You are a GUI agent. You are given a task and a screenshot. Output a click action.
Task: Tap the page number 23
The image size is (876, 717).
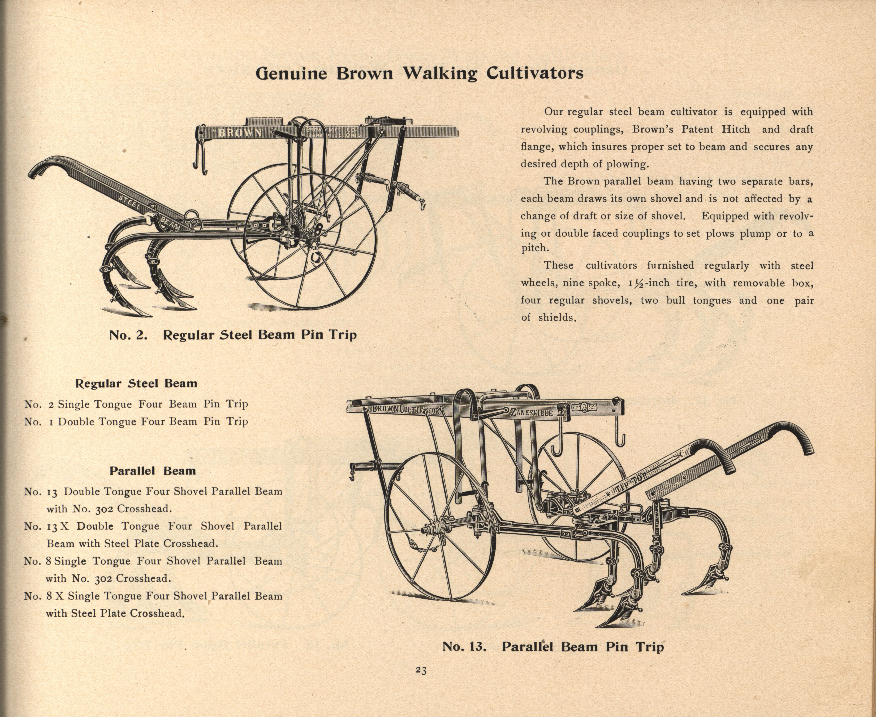[421, 670]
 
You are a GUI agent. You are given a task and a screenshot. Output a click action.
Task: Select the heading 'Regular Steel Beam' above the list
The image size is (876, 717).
[136, 384]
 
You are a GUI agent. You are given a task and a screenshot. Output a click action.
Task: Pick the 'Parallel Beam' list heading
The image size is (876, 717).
[153, 471]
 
